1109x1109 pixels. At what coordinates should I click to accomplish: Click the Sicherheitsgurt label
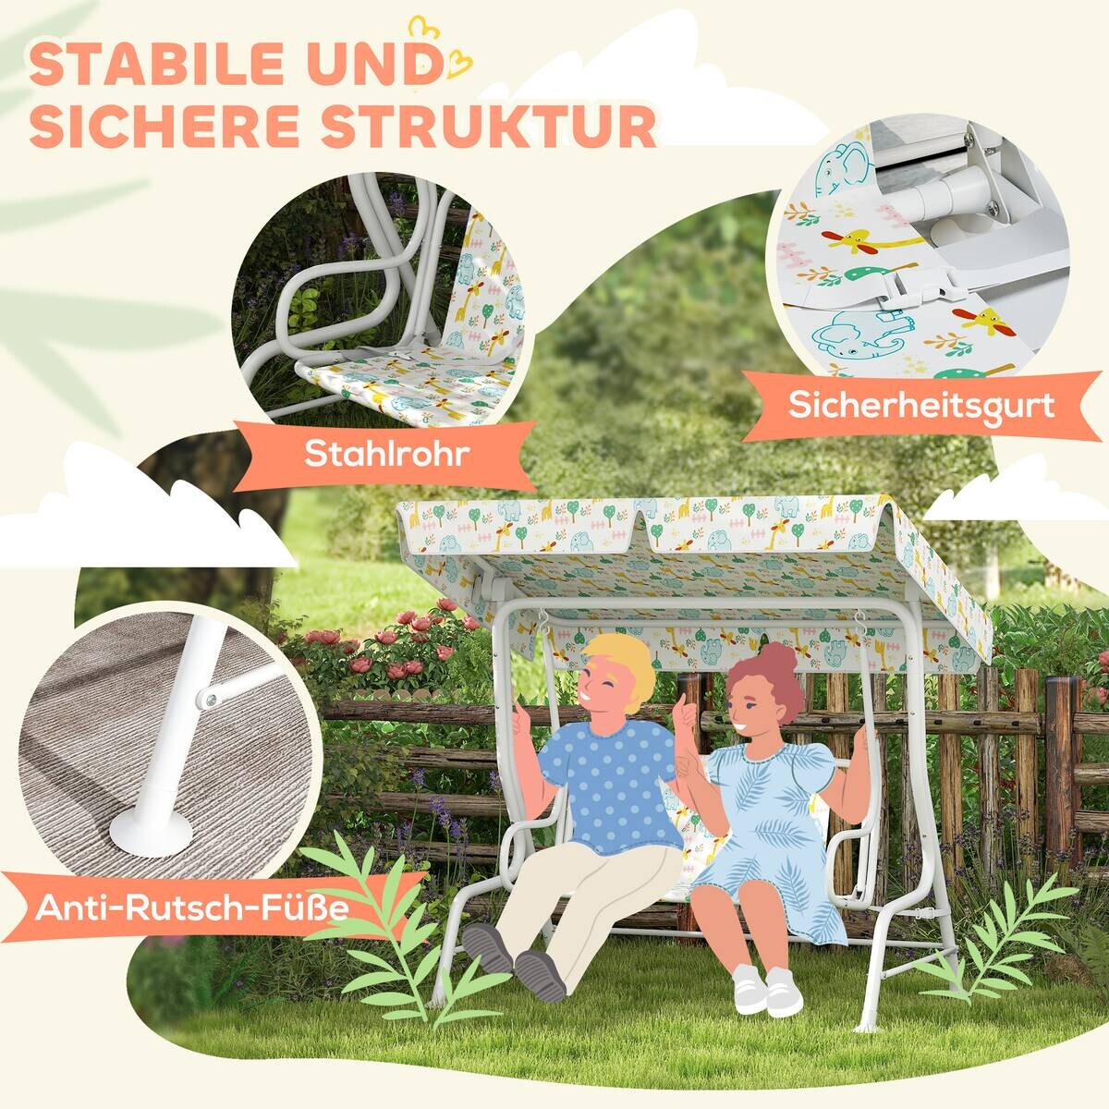[920, 406]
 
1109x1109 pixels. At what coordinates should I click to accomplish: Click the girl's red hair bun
[775, 660]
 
